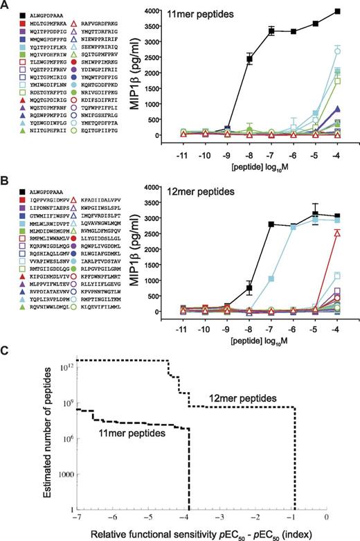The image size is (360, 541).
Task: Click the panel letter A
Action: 5,6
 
